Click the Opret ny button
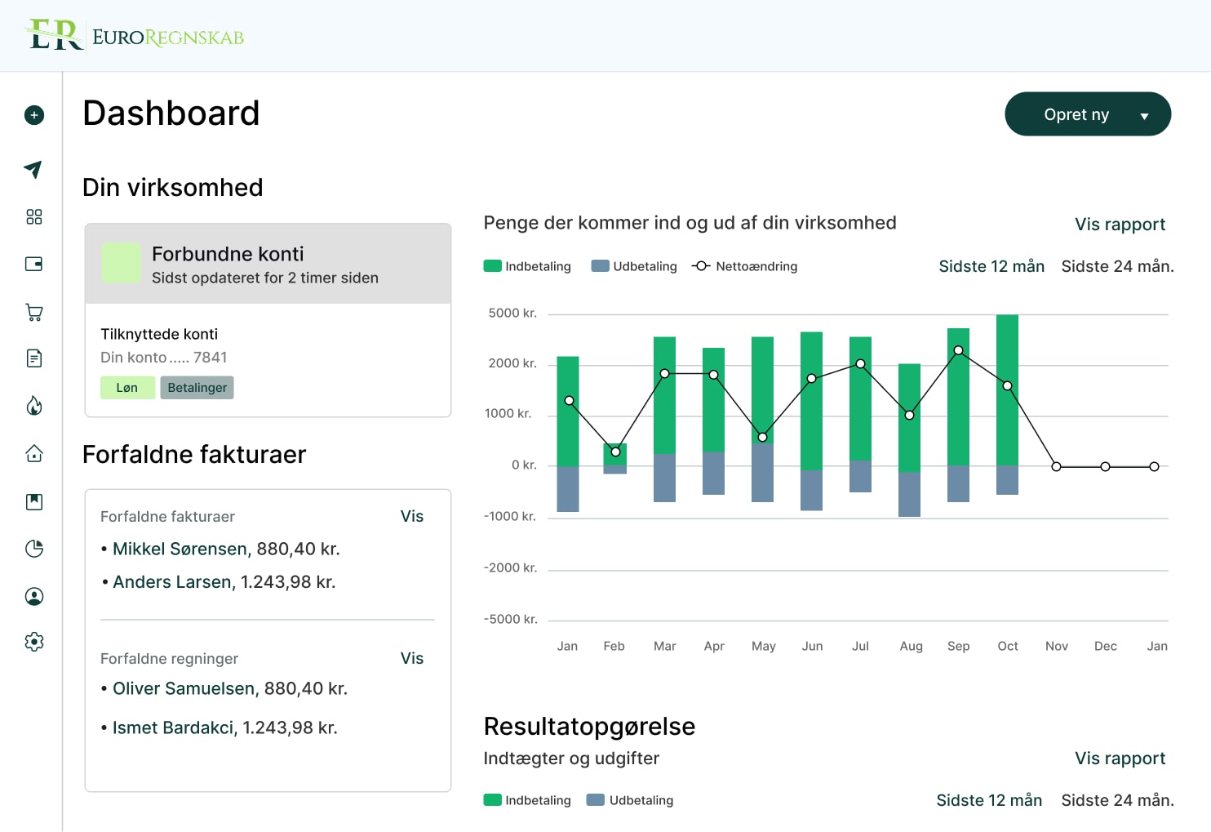click(1087, 114)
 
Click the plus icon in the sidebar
click(34, 115)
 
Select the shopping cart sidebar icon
click(34, 312)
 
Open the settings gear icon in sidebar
click(34, 642)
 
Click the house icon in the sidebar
click(34, 454)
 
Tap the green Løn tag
click(127, 388)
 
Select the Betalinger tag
click(197, 388)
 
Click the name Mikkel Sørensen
click(180, 549)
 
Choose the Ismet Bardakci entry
click(174, 727)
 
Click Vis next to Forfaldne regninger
click(411, 658)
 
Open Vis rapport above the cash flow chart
click(1120, 225)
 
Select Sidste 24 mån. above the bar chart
click(1117, 266)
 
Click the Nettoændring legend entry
click(744, 266)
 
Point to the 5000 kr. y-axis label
click(512, 314)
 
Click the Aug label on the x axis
click(911, 646)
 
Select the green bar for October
click(1007, 389)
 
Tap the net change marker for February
click(615, 452)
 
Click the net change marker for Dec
click(1105, 467)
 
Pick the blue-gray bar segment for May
click(762, 474)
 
